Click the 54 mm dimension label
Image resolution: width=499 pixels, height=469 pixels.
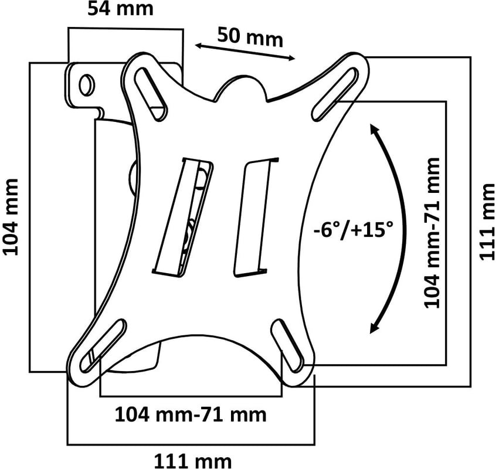tap(121, 9)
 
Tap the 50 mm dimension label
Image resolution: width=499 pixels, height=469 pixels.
tap(250, 38)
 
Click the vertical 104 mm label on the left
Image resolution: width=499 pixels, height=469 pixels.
tap(11, 217)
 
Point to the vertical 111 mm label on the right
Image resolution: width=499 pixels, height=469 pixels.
tap(487, 222)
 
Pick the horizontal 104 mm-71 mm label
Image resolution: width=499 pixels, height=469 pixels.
tap(191, 415)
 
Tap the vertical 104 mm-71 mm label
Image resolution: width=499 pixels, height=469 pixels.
tap(432, 233)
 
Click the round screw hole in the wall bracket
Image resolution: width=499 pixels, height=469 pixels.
tap(86, 84)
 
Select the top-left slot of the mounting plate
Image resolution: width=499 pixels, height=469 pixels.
tap(151, 94)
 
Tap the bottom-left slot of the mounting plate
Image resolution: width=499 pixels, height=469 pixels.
tap(102, 345)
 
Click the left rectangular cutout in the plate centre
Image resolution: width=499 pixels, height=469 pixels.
tap(183, 217)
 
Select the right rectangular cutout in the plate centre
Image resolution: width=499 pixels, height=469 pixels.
tap(256, 217)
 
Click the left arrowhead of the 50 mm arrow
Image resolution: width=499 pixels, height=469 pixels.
tap(200, 46)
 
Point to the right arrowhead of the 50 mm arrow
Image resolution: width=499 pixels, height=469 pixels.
tap(291, 58)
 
